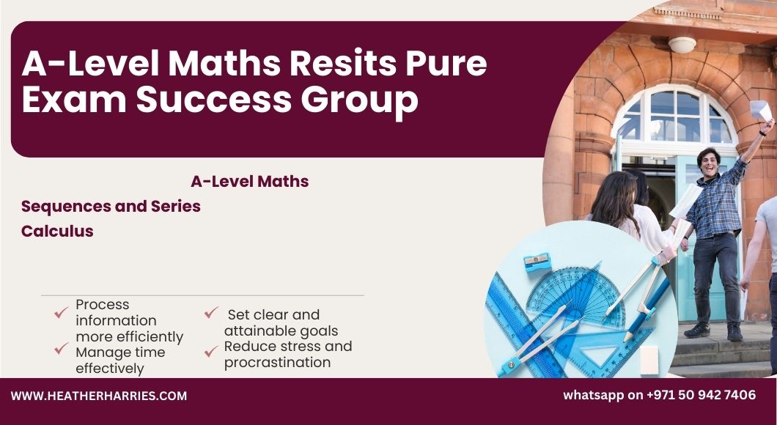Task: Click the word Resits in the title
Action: (343, 64)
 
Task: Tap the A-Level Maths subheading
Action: (250, 181)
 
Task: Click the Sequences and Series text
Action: (111, 206)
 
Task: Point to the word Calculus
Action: (57, 231)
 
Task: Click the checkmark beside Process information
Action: (61, 312)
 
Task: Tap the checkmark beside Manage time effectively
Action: (61, 348)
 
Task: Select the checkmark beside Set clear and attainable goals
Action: (211, 312)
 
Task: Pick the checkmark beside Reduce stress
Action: (211, 351)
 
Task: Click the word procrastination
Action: (278, 363)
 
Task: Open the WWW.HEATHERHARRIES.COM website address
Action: (99, 396)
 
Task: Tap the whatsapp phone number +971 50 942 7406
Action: (701, 395)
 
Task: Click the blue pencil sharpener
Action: (537, 262)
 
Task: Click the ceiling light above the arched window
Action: (682, 45)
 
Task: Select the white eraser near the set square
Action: (649, 360)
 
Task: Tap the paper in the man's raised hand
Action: (761, 111)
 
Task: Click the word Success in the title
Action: (214, 99)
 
